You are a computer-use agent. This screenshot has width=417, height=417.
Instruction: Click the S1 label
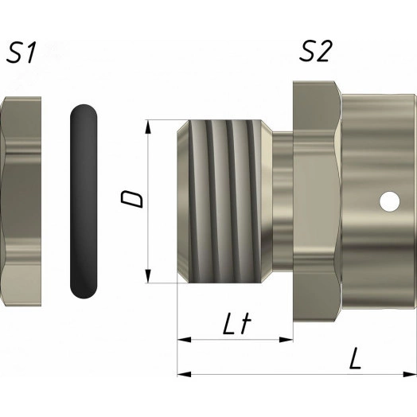(21, 53)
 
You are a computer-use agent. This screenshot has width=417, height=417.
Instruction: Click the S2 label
(316, 51)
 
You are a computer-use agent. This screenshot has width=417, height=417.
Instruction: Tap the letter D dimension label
(132, 199)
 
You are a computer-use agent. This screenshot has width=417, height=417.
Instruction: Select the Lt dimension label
(237, 324)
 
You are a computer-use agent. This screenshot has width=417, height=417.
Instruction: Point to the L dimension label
(355, 359)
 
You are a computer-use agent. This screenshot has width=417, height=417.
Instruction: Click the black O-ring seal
(84, 201)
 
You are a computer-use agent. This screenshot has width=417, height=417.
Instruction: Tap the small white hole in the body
(390, 201)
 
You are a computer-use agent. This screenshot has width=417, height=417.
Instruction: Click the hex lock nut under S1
(21, 201)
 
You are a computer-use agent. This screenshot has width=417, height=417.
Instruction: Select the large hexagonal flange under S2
(318, 201)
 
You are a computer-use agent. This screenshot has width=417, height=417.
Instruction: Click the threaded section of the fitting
(224, 201)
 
